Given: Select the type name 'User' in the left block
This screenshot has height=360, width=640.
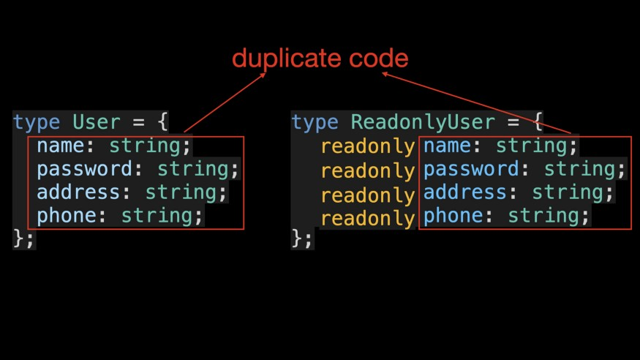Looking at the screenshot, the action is click(x=97, y=122).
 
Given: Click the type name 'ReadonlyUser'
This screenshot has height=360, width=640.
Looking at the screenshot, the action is click(x=423, y=122).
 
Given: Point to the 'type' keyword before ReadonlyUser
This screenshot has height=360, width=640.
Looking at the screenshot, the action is click(x=315, y=122).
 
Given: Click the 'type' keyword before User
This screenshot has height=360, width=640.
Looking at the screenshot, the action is click(x=37, y=122).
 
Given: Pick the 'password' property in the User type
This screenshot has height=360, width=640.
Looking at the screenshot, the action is click(x=85, y=169).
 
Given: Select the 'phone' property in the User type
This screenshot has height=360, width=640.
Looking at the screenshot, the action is click(x=67, y=216).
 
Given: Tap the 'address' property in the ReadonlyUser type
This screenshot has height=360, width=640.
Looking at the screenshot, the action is click(x=465, y=192).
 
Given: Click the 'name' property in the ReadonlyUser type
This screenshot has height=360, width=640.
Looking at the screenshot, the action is click(x=447, y=146).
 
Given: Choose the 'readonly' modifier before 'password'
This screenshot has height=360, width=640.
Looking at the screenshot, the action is click(x=368, y=171).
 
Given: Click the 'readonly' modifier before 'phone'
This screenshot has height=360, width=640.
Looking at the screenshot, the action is click(x=368, y=218).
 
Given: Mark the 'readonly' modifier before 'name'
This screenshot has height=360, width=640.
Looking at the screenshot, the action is click(x=368, y=146).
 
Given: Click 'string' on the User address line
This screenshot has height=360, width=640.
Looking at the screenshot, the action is click(x=181, y=192).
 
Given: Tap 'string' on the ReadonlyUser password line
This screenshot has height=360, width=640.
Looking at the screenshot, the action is click(x=579, y=169).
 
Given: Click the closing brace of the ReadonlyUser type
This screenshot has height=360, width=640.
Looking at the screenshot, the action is click(x=297, y=238).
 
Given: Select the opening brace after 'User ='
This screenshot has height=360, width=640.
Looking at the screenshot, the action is click(x=163, y=121).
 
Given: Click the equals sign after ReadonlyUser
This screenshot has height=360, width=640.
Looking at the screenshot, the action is click(x=513, y=122).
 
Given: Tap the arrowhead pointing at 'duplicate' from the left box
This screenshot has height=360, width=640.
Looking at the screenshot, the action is click(x=263, y=75).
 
